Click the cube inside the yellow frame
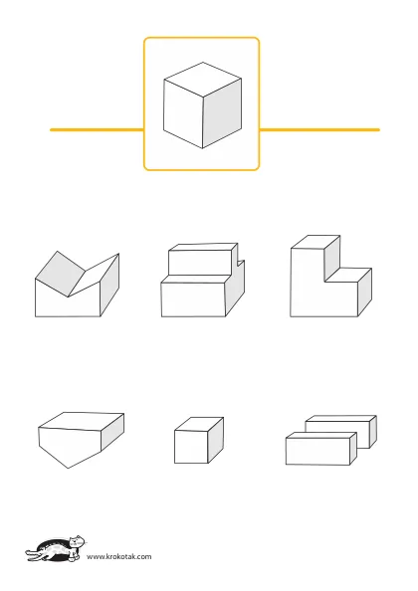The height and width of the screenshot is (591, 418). pos(202,105)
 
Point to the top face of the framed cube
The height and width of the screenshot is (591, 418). pos(203,79)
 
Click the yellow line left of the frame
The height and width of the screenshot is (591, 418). pos(97,130)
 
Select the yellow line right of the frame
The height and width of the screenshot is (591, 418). pos(319,130)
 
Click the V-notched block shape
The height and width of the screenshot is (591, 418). pos(77,285)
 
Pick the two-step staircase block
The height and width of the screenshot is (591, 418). pos(203,280)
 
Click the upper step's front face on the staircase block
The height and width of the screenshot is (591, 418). pos(200,263)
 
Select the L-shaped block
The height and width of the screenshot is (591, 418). pos(331,276)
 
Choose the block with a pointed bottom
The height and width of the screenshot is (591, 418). pos(81,440)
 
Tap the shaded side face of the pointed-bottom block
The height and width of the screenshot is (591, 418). pos(112,432)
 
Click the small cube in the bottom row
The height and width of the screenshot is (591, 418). pos(199,440)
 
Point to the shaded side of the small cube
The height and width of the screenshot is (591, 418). pos(216,440)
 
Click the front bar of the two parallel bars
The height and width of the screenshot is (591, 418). pos(321,449)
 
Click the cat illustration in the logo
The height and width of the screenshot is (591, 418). pos(56,549)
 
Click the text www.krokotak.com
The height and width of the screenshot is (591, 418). pos(119,556)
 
